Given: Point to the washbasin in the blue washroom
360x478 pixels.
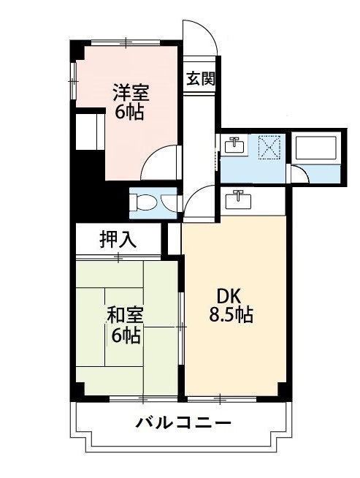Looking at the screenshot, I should (x=234, y=145).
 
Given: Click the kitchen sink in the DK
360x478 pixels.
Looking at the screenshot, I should (x=238, y=199).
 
